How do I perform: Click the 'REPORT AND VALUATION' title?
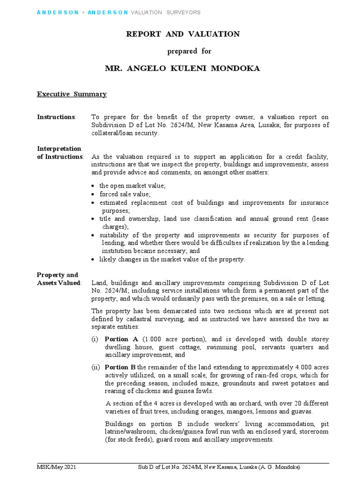tap(183, 34)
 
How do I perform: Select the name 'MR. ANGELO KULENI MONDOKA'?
tap(182, 69)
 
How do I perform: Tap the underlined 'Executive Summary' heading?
tap(72, 94)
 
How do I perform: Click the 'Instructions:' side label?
tap(56, 117)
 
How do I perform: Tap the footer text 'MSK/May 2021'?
tap(57, 467)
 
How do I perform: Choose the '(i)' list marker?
tap(95, 339)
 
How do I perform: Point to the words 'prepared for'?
tap(183, 51)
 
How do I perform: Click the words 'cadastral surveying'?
tap(150, 319)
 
